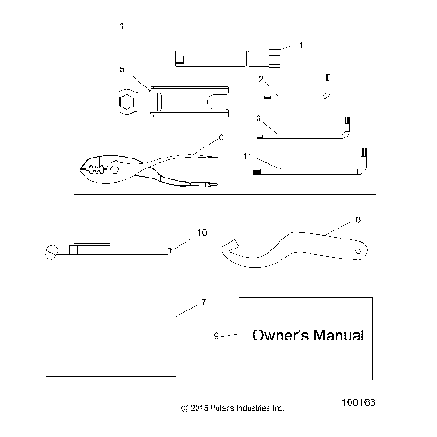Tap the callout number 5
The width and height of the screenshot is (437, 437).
pos(121,69)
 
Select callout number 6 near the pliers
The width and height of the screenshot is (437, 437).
pos(219,137)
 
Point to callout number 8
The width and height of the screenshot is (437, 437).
pos(331,219)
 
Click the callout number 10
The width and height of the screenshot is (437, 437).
pos(201,233)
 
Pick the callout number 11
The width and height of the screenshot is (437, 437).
pos(248,157)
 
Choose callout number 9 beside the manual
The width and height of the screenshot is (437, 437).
pos(215,336)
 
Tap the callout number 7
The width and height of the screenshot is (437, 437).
pos(203,301)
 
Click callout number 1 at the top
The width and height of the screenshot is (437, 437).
pos(122,27)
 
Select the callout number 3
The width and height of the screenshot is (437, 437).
pos(259,117)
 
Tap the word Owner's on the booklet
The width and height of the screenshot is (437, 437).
pos(278,336)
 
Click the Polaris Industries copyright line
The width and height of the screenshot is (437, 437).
pos(232,408)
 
